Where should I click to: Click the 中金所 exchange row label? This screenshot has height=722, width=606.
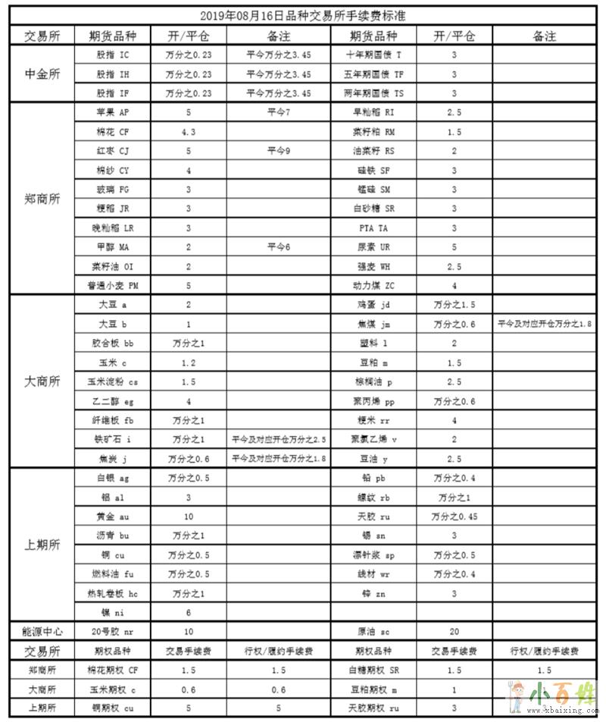[42, 74]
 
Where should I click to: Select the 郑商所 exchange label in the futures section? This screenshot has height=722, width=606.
[42, 199]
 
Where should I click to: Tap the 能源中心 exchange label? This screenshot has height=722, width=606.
[42, 631]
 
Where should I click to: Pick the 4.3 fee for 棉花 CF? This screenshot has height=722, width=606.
[189, 131]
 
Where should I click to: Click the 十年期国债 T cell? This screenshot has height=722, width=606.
[374, 55]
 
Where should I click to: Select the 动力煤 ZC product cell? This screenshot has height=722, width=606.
[374, 286]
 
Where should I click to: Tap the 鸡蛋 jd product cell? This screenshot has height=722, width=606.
[374, 305]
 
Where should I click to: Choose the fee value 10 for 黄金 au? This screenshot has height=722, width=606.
[189, 516]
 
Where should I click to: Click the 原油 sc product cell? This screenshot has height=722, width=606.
[374, 631]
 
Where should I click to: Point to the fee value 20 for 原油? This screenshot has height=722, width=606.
[454, 631]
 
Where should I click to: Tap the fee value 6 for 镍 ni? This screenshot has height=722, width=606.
[189, 612]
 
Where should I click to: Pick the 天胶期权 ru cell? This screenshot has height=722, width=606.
[374, 708]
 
